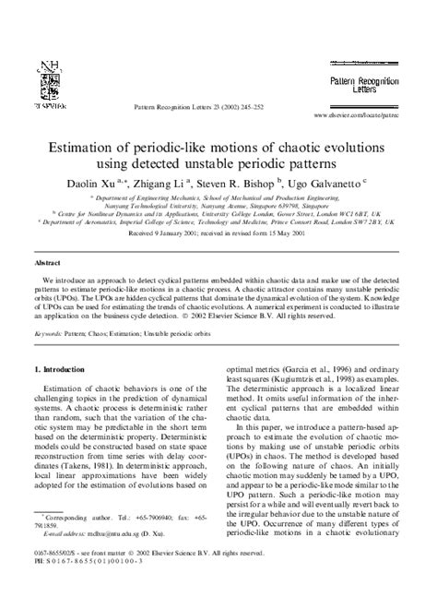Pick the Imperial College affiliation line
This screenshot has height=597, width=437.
218,222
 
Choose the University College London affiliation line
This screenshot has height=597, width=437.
218,214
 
